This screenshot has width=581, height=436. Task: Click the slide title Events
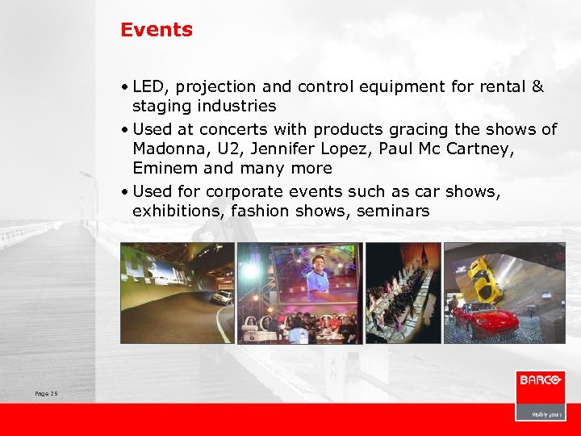tap(157, 30)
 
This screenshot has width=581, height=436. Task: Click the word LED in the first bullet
tap(148, 86)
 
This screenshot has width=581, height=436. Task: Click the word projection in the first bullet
tap(215, 86)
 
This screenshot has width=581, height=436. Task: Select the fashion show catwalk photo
tap(403, 292)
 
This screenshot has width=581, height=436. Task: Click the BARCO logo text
tap(540, 381)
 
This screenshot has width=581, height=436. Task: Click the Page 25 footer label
tap(47, 393)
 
